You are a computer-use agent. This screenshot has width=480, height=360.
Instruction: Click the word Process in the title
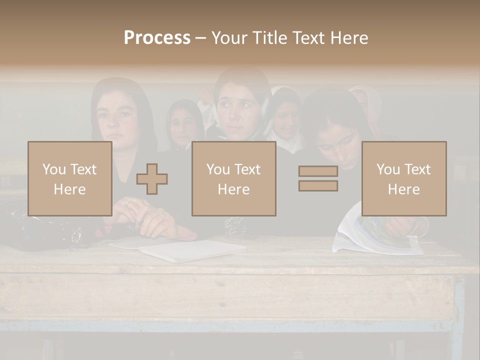point(157,38)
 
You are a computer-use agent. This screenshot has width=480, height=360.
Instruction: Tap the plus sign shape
point(152,179)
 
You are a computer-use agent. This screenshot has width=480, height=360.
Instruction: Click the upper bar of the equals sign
point(318,171)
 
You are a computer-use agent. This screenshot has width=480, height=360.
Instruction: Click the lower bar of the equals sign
point(318,186)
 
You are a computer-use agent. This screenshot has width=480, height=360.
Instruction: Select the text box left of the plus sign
point(70,179)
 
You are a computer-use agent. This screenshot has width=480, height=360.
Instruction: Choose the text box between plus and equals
point(234,179)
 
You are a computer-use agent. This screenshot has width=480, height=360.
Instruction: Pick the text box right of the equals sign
point(404,179)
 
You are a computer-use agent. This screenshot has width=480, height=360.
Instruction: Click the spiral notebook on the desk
point(192,250)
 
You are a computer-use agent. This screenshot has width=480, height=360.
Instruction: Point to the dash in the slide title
point(200,38)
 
